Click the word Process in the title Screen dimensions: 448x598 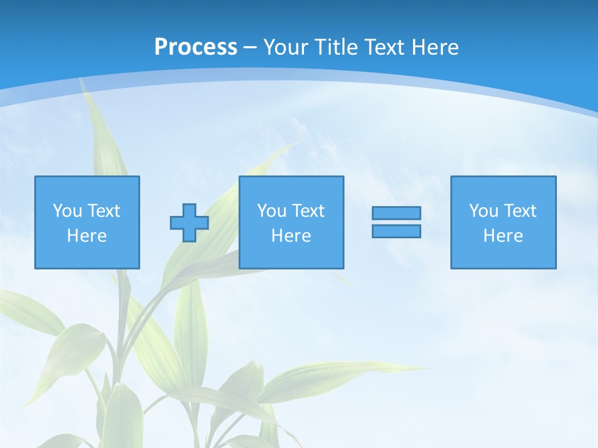[x=196, y=47]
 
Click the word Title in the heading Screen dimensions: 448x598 [x=336, y=47]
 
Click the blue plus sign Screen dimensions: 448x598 [x=189, y=223]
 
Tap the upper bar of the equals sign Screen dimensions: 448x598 [x=396, y=213]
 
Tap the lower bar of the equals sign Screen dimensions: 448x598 [x=396, y=231]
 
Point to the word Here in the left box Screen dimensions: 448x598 [x=87, y=236]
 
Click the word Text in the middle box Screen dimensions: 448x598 [x=308, y=211]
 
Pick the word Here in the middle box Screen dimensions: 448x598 [x=292, y=236]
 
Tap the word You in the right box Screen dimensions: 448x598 [x=483, y=211]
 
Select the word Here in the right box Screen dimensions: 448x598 [x=503, y=236]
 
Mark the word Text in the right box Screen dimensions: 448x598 [x=520, y=211]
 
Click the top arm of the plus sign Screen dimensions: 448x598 [x=189, y=210]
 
